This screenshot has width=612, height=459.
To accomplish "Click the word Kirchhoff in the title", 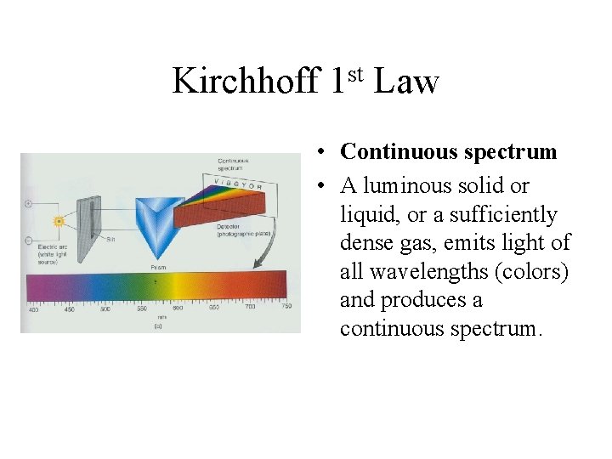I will point(245,82).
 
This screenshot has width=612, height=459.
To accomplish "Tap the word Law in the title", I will point(406,82).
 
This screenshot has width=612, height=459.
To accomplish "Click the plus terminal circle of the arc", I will point(28,204).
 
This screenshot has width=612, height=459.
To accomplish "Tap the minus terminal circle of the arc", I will point(28,241).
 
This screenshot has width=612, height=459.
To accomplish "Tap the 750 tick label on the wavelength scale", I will point(286,307).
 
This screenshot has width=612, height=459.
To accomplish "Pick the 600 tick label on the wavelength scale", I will point(178,308).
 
